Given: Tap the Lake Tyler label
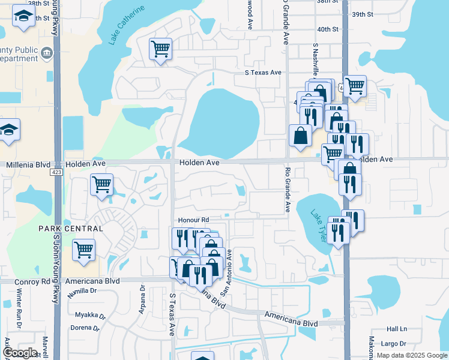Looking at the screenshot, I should coord(318,226).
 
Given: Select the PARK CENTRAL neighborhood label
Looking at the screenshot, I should coord(71,229).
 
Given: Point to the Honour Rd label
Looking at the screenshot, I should coord(192,220).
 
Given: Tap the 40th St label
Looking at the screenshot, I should coord(328,29).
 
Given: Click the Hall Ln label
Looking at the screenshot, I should coord(397,329).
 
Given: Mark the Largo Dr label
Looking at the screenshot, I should coord(397,344).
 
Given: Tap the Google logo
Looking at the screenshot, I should coord(20,352).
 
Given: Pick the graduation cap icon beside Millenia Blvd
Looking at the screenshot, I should coord(10,130).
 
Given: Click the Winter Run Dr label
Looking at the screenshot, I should coord(19,311).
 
